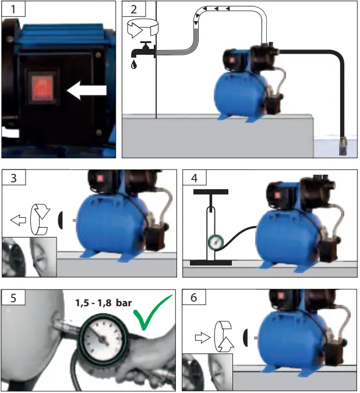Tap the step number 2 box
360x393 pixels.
click(133, 10)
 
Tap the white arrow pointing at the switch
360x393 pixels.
click(87, 91)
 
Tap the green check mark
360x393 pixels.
click(153, 314)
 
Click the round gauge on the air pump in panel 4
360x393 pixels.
click(215, 242)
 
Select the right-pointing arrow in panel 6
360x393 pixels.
click(202, 336)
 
